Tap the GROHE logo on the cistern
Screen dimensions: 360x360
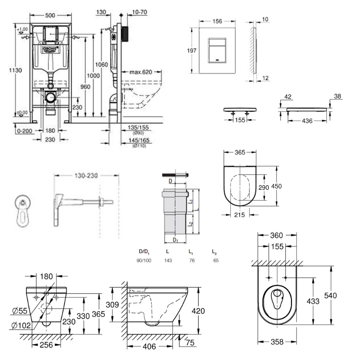click(x=50, y=49)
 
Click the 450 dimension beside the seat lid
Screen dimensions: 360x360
click(x=287, y=186)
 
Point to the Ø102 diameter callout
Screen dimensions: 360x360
click(x=19, y=325)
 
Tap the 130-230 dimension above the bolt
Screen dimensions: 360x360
click(x=86, y=175)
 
